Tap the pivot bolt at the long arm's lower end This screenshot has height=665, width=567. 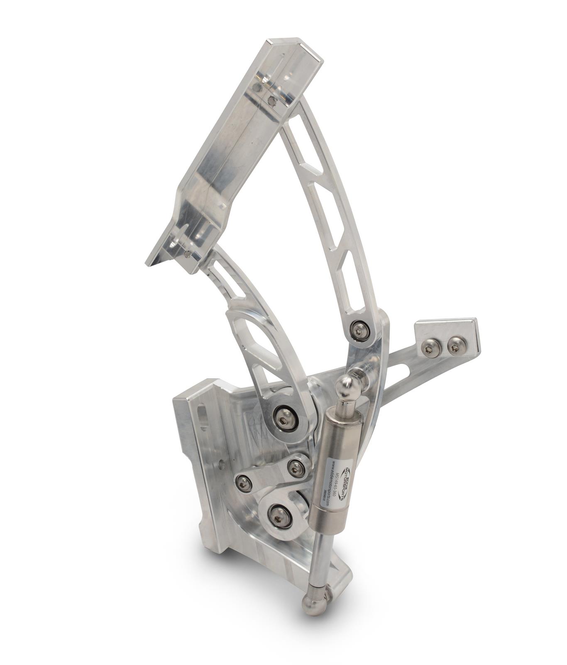click(x=360, y=331)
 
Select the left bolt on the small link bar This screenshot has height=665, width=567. click(x=243, y=483)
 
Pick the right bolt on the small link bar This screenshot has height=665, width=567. click(x=296, y=468)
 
